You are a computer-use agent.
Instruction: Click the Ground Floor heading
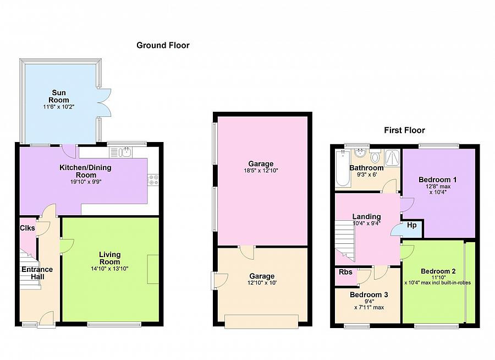[163, 45]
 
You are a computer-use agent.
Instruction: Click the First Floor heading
[404, 130]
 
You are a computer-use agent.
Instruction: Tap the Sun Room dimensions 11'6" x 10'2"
[59, 107]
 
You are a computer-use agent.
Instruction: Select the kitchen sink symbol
[121, 152]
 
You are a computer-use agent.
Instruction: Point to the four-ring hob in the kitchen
[153, 181]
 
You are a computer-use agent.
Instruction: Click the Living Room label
[109, 258]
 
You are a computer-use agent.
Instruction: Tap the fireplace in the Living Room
[153, 269]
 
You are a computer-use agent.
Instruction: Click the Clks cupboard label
[28, 228]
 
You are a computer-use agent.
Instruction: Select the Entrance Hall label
[37, 273]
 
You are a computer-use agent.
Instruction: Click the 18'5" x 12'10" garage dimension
[261, 171]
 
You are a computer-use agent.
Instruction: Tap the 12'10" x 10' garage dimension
[262, 283]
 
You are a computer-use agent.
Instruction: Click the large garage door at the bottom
[261, 321]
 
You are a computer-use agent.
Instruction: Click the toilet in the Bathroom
[375, 156]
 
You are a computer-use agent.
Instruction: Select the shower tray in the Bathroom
[392, 158]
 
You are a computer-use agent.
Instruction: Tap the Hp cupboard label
[411, 225]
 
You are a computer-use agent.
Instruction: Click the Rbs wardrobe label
[346, 272]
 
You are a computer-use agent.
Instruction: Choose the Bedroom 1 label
[438, 180]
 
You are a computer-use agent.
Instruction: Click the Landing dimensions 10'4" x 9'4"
[366, 223]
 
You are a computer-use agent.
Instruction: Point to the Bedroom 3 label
[369, 295]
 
